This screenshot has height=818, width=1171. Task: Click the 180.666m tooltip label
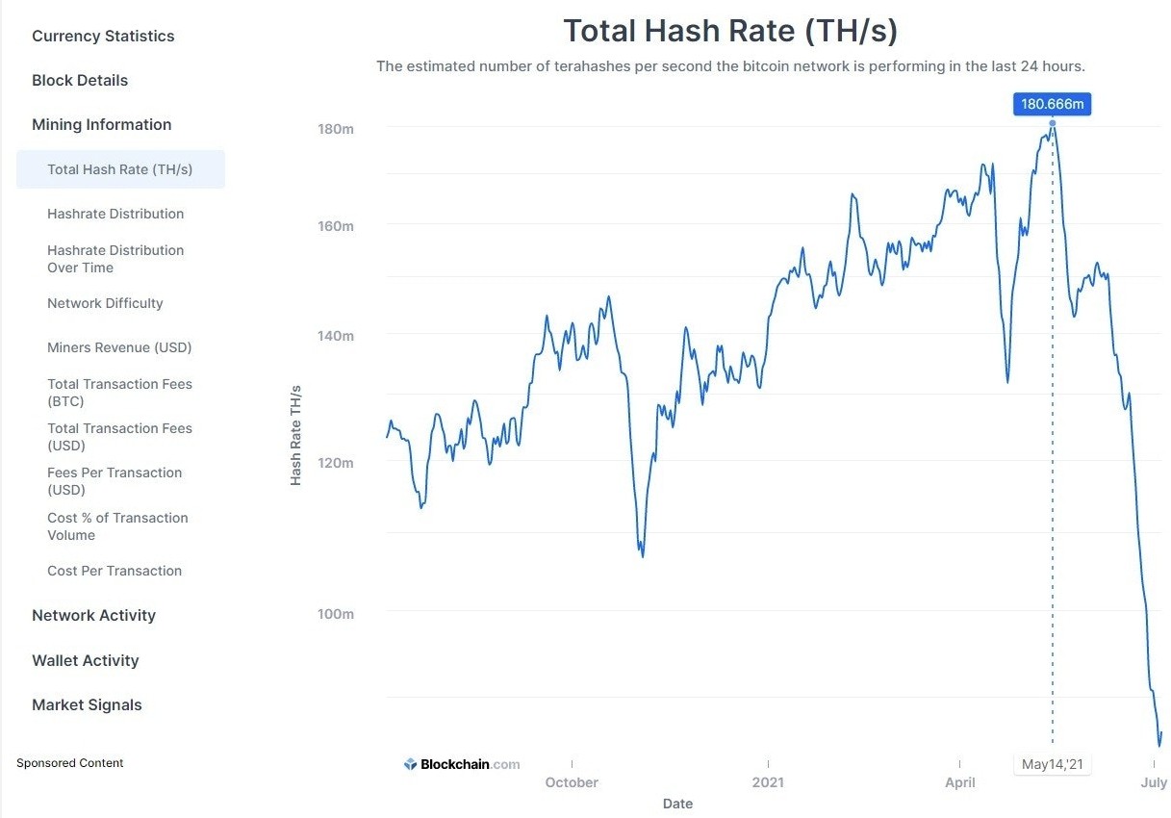(1052, 104)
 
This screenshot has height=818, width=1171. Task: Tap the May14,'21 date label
(1052, 764)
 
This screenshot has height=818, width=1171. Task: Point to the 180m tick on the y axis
(336, 129)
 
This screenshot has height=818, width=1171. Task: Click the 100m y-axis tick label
(336, 614)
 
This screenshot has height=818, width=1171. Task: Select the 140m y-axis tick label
(336, 336)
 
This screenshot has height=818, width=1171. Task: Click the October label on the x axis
(572, 782)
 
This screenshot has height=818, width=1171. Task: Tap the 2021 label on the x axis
(768, 782)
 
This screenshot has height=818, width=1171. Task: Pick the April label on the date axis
(960, 782)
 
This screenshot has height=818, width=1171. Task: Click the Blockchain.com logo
(462, 764)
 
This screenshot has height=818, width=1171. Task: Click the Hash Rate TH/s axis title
(296, 435)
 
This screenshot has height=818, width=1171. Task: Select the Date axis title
(677, 804)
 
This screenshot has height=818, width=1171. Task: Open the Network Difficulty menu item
(105, 303)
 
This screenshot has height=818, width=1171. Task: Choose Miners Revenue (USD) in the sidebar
(119, 347)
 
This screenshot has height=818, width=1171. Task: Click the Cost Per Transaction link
(115, 571)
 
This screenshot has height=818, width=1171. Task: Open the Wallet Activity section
(86, 660)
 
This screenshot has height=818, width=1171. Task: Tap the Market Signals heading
(87, 704)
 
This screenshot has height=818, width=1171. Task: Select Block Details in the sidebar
(80, 80)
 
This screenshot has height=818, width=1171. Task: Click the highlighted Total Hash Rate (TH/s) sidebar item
(121, 169)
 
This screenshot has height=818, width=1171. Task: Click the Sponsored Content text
(69, 762)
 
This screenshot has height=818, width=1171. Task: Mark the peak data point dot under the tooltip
(1053, 123)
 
